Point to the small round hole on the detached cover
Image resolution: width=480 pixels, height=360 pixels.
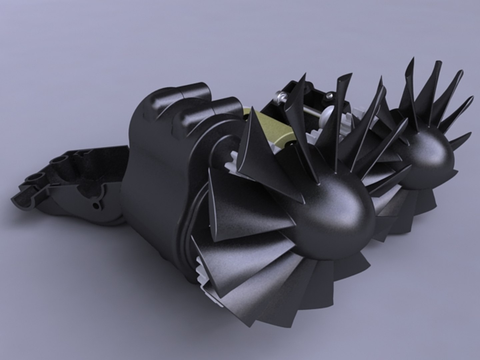click(96, 206)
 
